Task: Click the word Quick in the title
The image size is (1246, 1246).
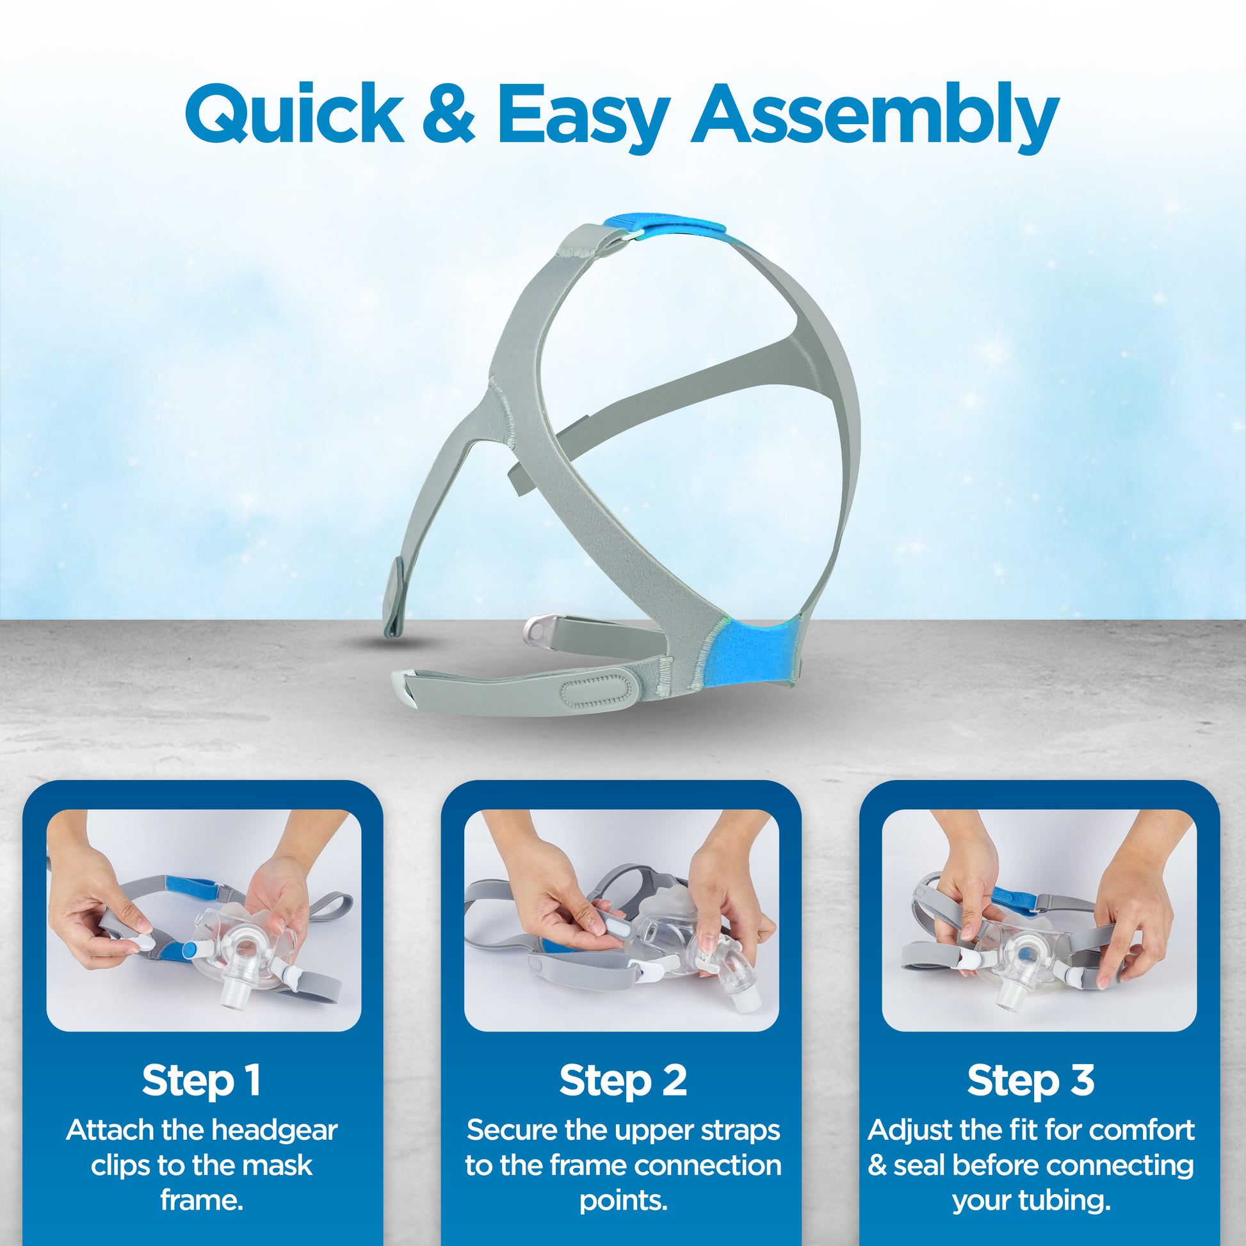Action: click(294, 114)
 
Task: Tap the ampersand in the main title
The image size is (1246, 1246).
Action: click(450, 115)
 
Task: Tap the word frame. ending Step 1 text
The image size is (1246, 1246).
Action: click(202, 1200)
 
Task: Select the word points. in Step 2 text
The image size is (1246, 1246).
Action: click(623, 1201)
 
